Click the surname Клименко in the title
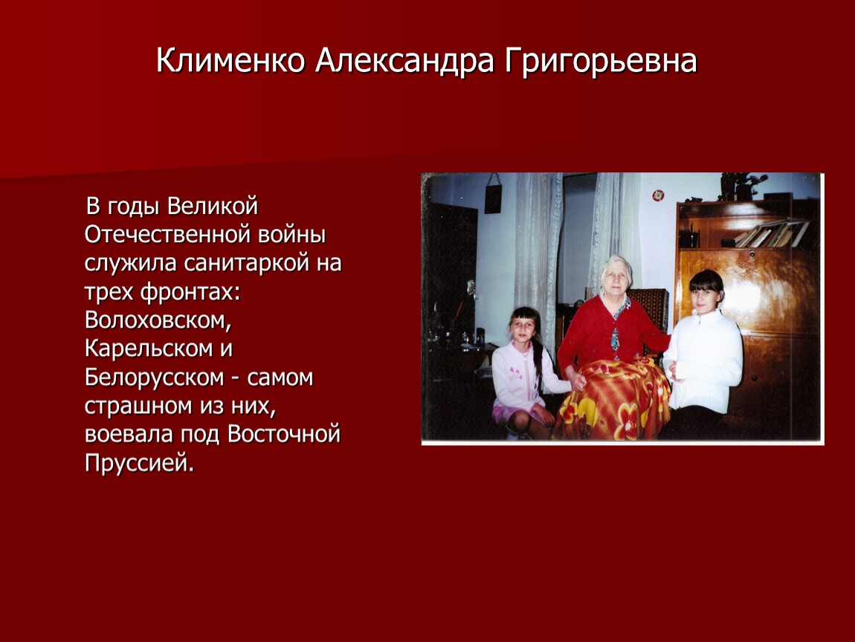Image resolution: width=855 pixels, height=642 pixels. click(230, 60)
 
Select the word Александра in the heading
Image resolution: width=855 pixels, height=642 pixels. click(404, 61)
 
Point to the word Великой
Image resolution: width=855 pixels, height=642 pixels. click(212, 206)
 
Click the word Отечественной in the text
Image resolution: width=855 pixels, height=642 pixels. click(167, 234)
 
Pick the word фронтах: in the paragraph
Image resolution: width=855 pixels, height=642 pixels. click(190, 291)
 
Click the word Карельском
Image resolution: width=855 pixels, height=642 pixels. click(149, 348)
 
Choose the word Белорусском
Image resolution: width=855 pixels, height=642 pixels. click(155, 377)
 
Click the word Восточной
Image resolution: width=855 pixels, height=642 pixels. click(283, 435)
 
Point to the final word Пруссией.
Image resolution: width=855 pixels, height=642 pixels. click(139, 463)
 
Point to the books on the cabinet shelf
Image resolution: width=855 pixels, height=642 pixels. click(770, 233)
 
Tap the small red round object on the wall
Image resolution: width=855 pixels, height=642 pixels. click(658, 195)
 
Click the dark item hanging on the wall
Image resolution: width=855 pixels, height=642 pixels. click(493, 198)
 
